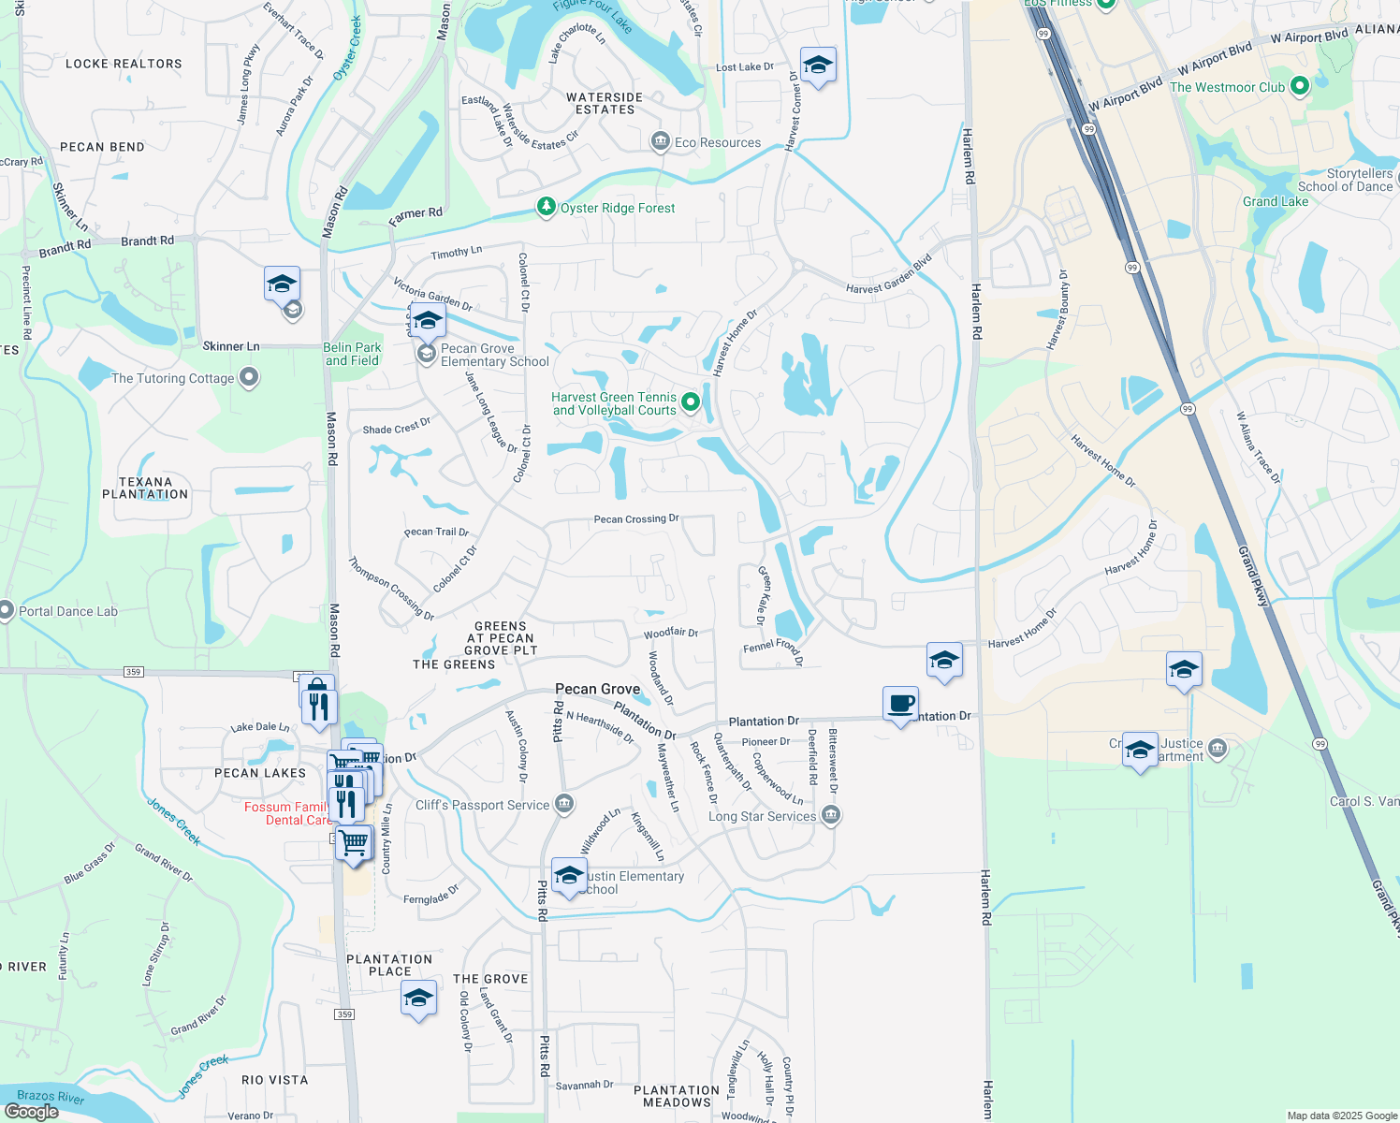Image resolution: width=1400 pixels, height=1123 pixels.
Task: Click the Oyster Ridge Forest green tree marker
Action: [x=546, y=207]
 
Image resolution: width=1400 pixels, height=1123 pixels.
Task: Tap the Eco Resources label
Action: [x=717, y=142]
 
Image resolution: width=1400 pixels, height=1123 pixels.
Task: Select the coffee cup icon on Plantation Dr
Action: [x=900, y=704]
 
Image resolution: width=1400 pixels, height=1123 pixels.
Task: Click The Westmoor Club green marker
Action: [x=1299, y=87]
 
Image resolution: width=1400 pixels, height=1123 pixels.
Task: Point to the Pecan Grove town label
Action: [x=597, y=689]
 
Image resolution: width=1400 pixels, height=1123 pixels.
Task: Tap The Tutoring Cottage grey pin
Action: [x=248, y=377]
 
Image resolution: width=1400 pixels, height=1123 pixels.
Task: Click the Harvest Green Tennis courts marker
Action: [x=691, y=402]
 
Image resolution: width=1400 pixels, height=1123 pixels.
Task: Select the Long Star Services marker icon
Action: [x=830, y=816]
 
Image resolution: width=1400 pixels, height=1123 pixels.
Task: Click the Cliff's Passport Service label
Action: [x=482, y=805]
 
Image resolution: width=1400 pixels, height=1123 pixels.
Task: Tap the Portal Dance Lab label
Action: [x=68, y=611]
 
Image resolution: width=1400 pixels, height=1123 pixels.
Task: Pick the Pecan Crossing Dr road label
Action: [x=636, y=518]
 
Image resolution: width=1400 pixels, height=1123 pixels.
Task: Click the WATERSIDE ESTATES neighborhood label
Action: [x=605, y=103]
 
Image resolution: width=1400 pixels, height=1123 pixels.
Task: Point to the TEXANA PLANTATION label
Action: [x=145, y=488]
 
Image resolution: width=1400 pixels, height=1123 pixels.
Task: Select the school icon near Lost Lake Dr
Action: [x=818, y=66]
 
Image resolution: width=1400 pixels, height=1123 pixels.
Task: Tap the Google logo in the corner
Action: [x=31, y=1111]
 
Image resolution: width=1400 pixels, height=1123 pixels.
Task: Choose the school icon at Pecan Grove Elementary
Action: [x=427, y=322]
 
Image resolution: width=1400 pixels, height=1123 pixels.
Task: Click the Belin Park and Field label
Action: [x=352, y=354]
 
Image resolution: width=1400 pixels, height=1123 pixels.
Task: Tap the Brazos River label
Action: [x=51, y=1096]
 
